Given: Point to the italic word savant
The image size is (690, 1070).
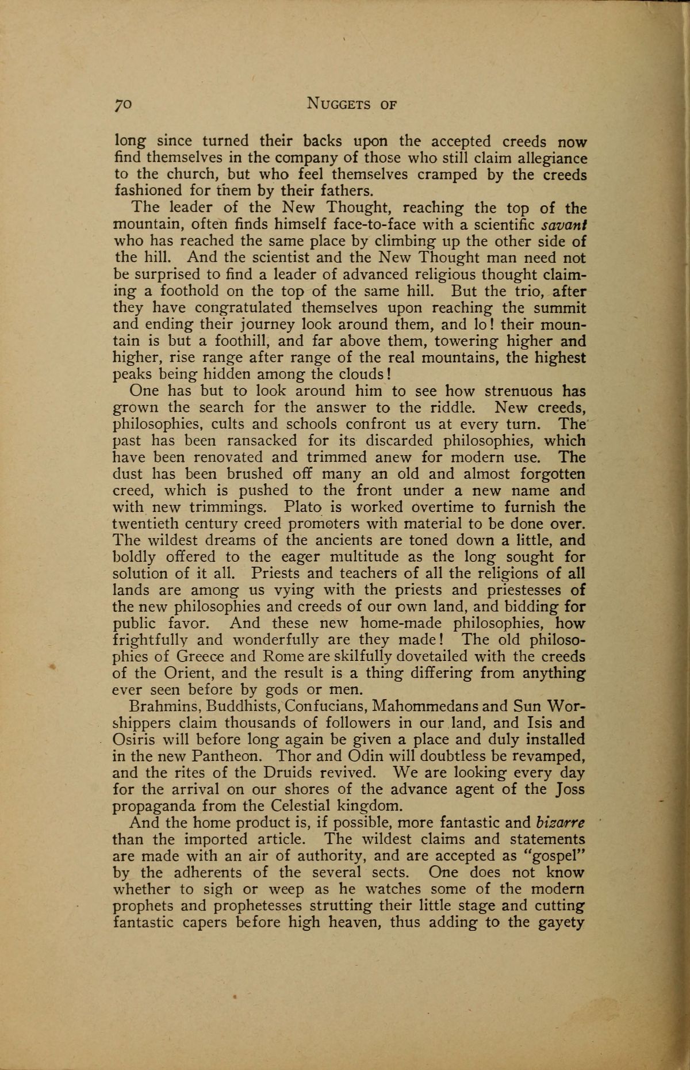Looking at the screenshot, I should [x=563, y=224].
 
